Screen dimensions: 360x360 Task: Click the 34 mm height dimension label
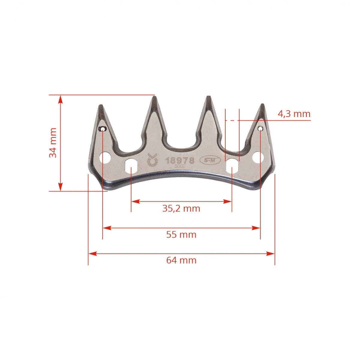pyautogui.click(x=53, y=143)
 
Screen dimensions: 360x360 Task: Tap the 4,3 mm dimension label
pyautogui.click(x=294, y=114)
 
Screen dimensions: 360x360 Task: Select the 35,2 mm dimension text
pyautogui.click(x=181, y=208)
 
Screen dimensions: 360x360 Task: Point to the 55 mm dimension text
pyautogui.click(x=181, y=235)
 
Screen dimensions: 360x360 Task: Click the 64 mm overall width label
pyautogui.click(x=181, y=260)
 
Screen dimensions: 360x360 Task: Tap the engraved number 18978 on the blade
pyautogui.click(x=180, y=160)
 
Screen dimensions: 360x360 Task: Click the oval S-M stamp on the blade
pyautogui.click(x=210, y=160)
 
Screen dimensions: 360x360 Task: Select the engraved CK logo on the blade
pyautogui.click(x=152, y=160)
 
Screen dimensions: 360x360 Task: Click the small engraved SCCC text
pyautogui.click(x=180, y=166)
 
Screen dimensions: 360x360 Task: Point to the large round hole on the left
pyautogui.click(x=105, y=158)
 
